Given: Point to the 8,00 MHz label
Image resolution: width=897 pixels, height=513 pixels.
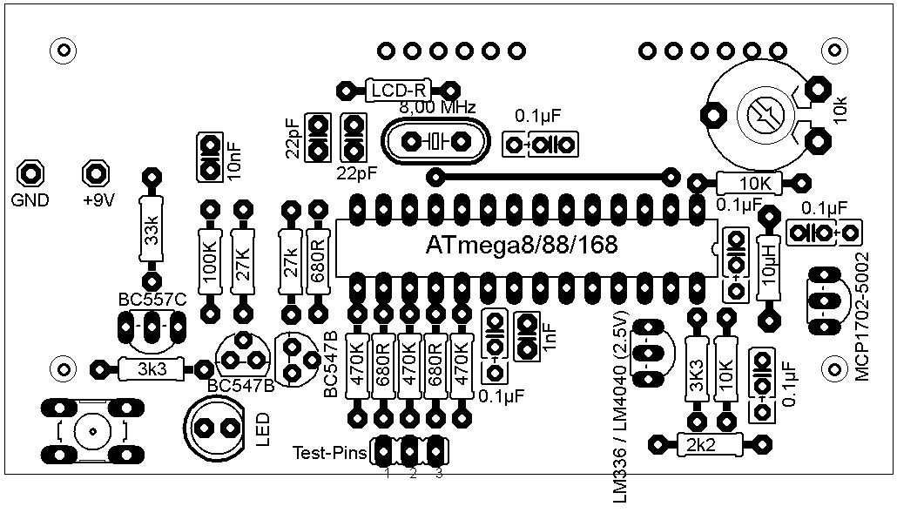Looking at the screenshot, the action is [438, 107].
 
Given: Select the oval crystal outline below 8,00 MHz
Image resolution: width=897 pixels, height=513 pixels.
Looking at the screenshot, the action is [436, 141].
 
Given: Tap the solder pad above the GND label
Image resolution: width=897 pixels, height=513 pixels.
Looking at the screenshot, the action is [30, 172].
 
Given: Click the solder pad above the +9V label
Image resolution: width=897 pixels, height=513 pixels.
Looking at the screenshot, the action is [96, 172].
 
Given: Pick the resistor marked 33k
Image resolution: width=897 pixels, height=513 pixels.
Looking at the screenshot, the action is [152, 229].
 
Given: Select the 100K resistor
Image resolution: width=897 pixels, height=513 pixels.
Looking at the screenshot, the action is [211, 261].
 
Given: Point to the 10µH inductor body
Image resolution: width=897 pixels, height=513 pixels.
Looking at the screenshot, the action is [770, 267].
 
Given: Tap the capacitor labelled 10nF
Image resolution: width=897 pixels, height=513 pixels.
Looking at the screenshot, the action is [210, 158].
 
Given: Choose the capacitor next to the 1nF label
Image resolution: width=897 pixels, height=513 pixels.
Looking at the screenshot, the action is [526, 335].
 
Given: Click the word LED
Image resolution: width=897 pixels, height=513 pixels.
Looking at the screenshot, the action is [262, 430].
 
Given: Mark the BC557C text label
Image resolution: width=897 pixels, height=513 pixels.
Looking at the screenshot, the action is [152, 300].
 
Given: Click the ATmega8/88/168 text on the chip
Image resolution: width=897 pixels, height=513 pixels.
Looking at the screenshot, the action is [522, 246].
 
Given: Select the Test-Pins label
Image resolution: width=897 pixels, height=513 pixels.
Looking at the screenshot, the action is [329, 453].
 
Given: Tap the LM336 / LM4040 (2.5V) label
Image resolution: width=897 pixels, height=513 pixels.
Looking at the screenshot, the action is [619, 408].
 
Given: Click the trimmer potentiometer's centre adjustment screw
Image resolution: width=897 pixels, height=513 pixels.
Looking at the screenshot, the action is [765, 116].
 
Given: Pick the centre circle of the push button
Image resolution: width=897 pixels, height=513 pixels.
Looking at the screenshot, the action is [91, 431].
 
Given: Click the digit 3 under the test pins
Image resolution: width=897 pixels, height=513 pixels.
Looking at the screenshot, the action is [439, 474].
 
